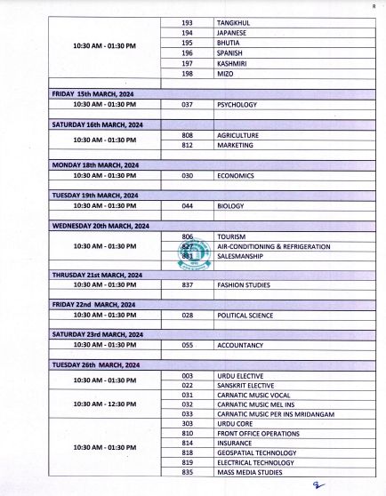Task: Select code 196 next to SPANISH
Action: pos(188,52)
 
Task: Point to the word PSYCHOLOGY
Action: pos(237,104)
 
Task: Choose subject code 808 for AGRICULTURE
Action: pos(188,135)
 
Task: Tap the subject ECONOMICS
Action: pos(236,176)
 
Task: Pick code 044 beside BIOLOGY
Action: pos(188,205)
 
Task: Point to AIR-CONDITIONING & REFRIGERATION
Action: pos(274,246)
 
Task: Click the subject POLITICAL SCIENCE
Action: pos(245,316)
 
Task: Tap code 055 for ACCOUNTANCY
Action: pos(188,345)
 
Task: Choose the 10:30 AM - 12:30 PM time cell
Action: pos(105,404)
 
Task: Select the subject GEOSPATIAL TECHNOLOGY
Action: pos(256,452)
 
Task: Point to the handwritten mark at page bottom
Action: pos(318,485)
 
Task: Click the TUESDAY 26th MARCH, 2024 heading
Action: pos(95,364)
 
